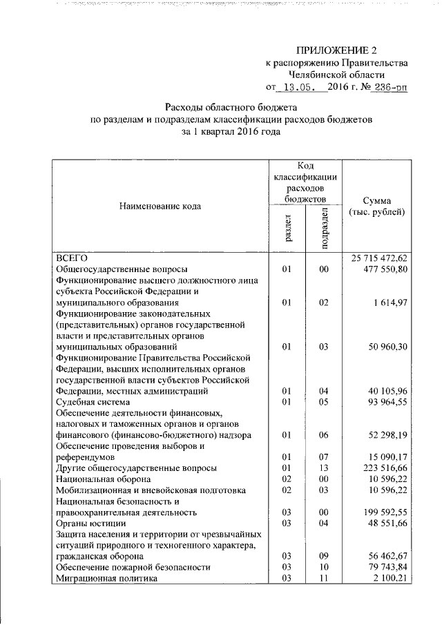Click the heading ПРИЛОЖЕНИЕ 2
337,50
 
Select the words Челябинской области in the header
337,75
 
